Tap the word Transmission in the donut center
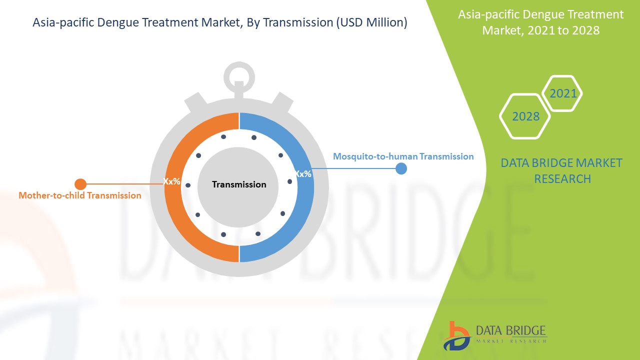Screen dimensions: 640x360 [239, 184]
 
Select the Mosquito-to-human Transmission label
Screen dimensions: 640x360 [403, 156]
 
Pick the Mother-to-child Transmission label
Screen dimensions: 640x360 [80, 195]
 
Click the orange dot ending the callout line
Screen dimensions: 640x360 [80, 184]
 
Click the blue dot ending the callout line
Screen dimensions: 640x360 [401, 168]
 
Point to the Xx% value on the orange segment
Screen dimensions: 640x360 [171, 181]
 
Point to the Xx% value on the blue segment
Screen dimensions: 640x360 [303, 173]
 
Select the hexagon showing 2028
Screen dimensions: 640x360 [525, 116]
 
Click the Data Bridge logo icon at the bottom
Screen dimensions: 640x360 [456, 336]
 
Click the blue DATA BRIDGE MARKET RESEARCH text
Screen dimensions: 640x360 [561, 171]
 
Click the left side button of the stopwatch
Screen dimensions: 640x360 [196, 101]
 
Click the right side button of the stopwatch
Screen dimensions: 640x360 [282, 101]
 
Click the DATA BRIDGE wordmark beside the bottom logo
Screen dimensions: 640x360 [511, 330]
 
